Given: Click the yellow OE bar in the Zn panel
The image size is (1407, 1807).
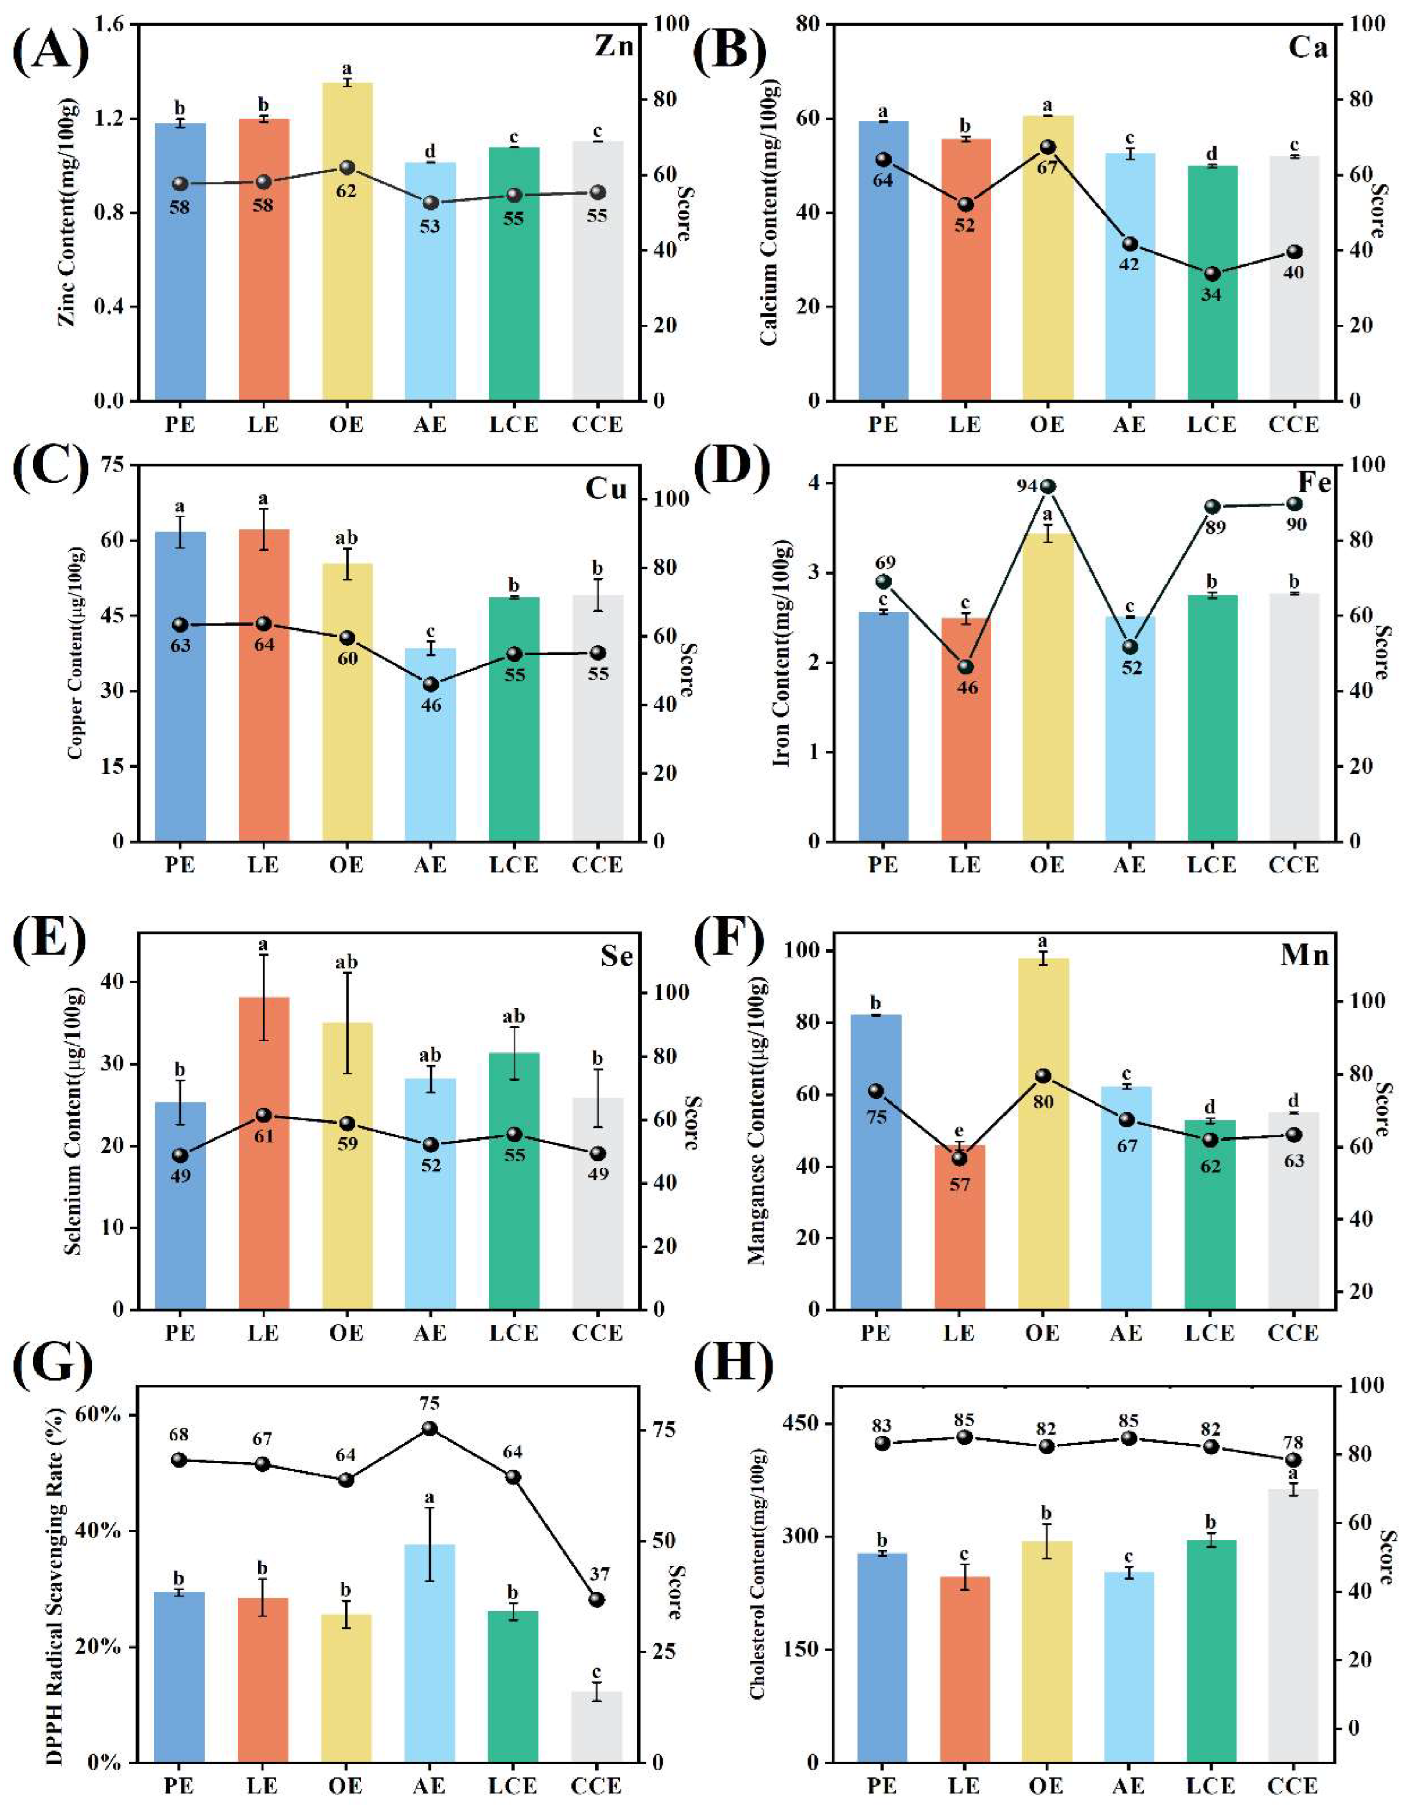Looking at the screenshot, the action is [348, 241].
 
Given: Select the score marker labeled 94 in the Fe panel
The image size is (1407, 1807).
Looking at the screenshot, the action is [1047, 486].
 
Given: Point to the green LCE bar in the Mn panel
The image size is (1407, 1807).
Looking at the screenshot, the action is [1210, 1215].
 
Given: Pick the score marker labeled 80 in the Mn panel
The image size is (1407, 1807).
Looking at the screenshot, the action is [1043, 1076].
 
